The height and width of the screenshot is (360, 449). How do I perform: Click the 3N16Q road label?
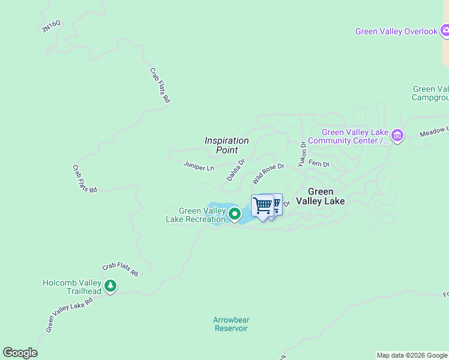click(51, 27)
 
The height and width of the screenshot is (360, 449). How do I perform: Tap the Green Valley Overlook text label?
click(396, 31)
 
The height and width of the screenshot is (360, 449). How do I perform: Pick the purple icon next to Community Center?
click(397, 136)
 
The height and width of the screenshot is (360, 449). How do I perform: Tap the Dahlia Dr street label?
click(236, 170)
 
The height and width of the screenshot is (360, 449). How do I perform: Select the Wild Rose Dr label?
click(268, 173)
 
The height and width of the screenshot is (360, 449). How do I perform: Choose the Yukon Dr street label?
click(303, 154)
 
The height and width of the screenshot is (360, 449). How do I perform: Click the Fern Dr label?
click(319, 164)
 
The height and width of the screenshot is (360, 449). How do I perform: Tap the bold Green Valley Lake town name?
click(321, 197)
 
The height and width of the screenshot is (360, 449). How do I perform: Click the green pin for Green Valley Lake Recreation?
click(234, 213)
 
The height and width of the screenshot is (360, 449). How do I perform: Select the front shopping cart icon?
click(262, 206)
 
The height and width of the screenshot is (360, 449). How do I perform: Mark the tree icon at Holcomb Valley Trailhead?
click(110, 286)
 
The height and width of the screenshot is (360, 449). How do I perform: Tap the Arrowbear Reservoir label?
click(231, 324)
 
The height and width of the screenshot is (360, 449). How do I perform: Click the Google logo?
click(20, 353)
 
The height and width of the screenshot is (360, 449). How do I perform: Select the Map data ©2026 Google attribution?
click(412, 355)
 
